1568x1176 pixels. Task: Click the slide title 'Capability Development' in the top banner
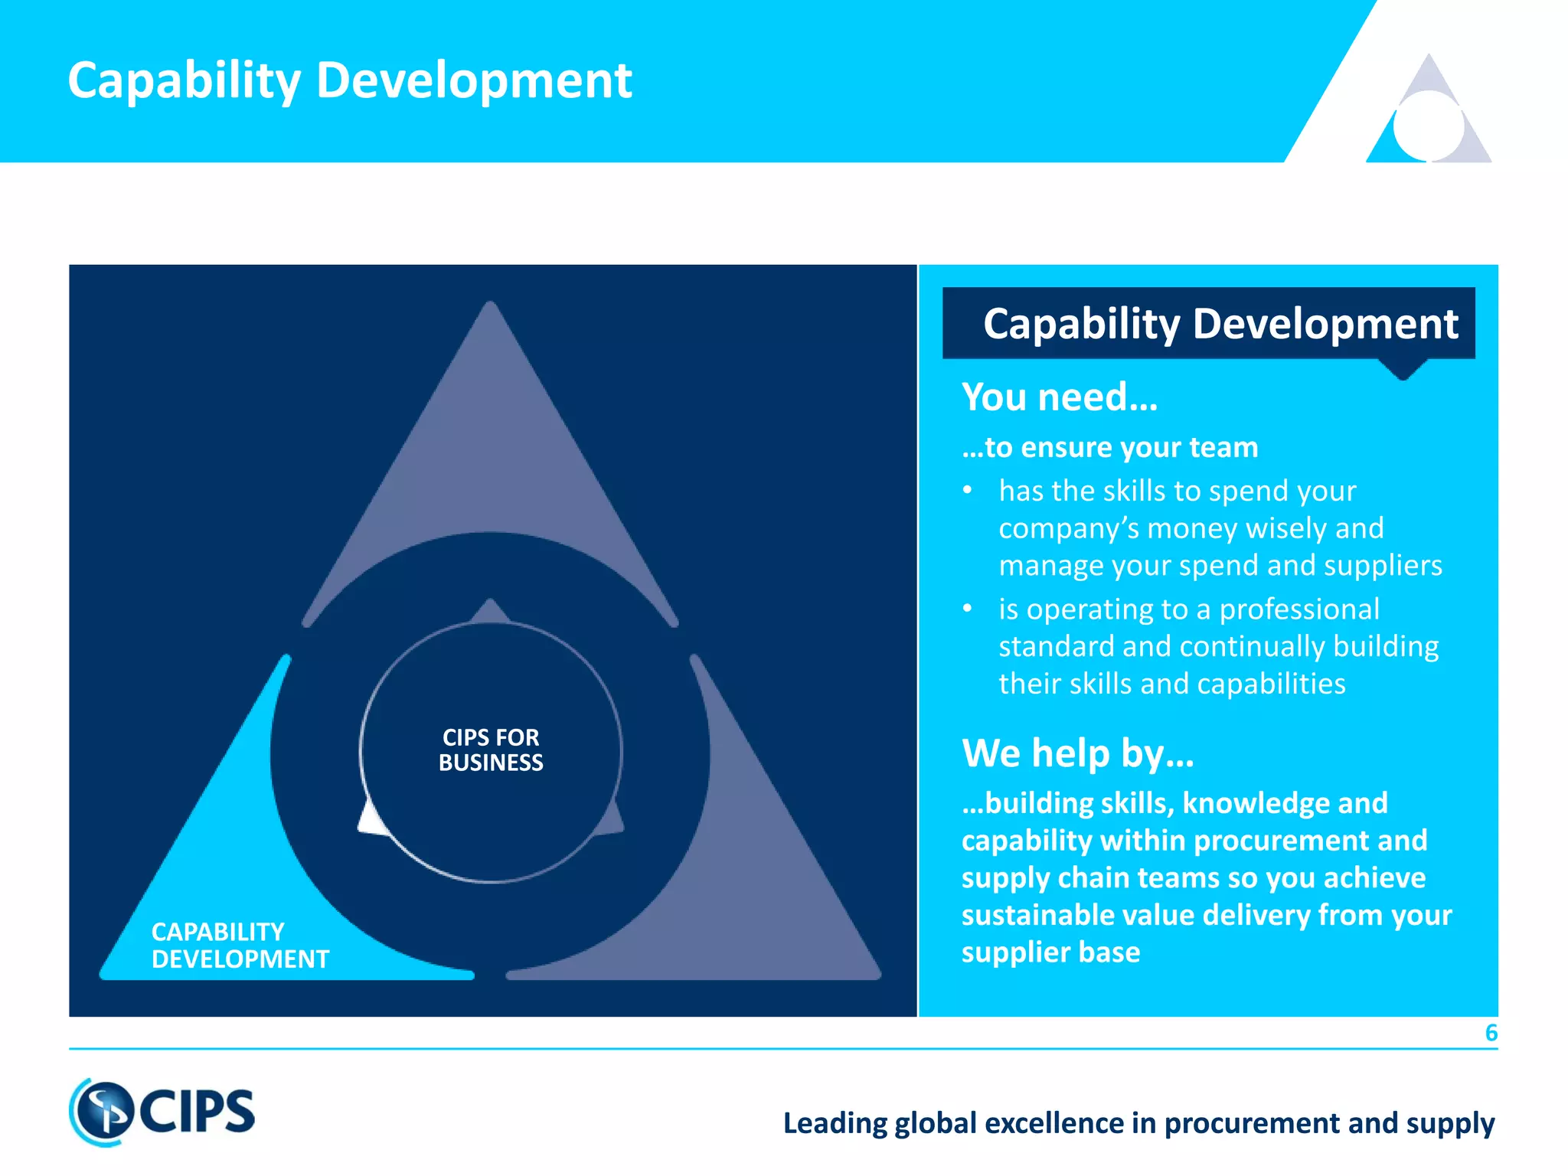[x=350, y=80]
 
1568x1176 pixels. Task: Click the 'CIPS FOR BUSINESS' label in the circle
[x=491, y=750]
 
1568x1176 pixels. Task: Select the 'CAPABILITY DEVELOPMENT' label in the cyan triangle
[x=240, y=946]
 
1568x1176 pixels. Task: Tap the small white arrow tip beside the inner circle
[x=371, y=819]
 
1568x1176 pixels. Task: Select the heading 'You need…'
[x=1060, y=397]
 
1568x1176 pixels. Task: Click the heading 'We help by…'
[x=1077, y=753]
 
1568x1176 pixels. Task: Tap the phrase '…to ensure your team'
[x=1109, y=447]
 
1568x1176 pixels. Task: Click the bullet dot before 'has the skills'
[x=968, y=490]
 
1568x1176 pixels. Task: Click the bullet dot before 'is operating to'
[x=968, y=609]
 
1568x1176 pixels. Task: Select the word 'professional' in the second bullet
[x=1299, y=609]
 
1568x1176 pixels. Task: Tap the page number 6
[x=1491, y=1033]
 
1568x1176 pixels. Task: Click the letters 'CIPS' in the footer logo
[x=198, y=1112]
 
